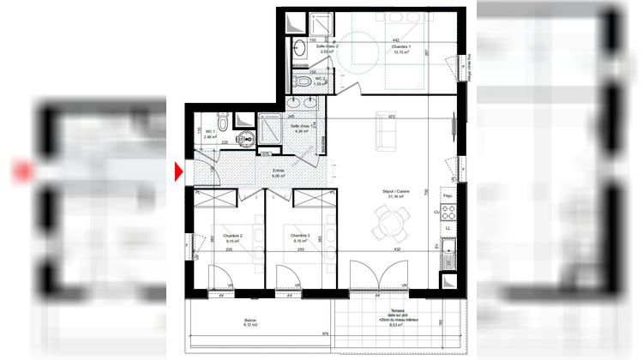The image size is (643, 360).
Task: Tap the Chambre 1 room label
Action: (x=397, y=48)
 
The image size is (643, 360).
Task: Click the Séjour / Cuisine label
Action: (x=395, y=194)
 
